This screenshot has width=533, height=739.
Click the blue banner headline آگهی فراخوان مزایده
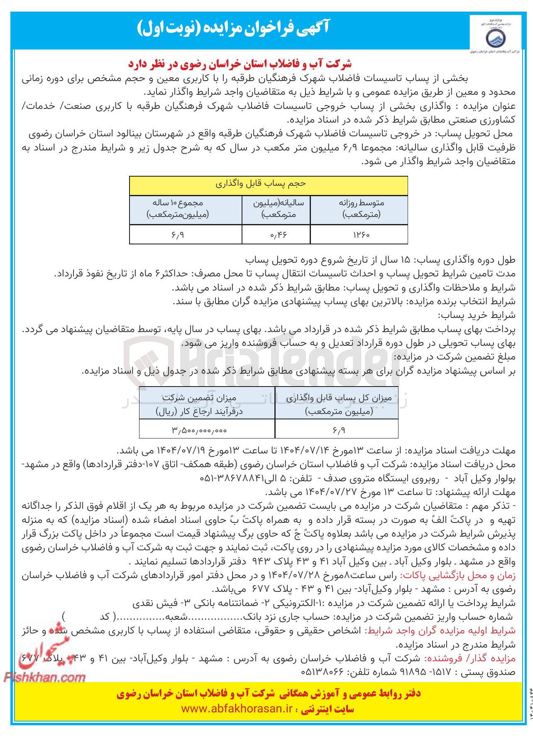[233, 28]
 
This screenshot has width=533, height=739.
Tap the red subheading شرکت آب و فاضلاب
[240, 64]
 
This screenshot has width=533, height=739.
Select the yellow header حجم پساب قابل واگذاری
[268, 185]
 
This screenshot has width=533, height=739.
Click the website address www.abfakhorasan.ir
[237, 709]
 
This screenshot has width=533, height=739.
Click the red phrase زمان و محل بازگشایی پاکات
[457, 575]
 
